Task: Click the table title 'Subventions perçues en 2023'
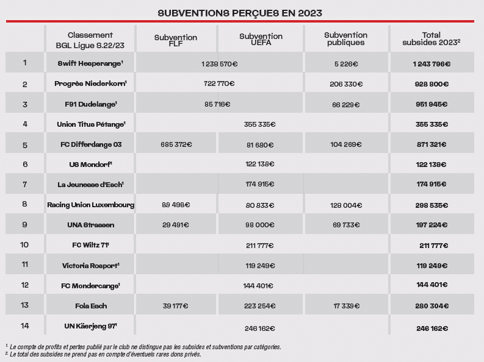point(240,13)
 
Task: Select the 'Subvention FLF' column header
point(176,40)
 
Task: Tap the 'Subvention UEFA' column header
point(261,40)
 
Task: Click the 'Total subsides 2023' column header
point(432,39)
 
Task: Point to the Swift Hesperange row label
point(90,63)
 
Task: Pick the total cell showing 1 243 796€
point(432,64)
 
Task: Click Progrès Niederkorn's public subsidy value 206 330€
point(346,84)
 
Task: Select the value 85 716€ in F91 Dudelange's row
point(217,104)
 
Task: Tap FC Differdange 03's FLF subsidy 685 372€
point(176,144)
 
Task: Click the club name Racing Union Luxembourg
point(91,205)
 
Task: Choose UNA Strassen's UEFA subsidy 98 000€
point(260,225)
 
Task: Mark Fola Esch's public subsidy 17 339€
point(346,306)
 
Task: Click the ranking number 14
point(24,325)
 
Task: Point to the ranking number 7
point(24,184)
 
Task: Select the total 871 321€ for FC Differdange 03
point(432,144)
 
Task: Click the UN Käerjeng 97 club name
point(91,326)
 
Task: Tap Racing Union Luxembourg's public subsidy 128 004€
point(346,205)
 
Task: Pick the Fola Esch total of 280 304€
point(432,306)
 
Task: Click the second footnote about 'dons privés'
point(103,354)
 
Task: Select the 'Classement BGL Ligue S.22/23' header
point(90,40)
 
